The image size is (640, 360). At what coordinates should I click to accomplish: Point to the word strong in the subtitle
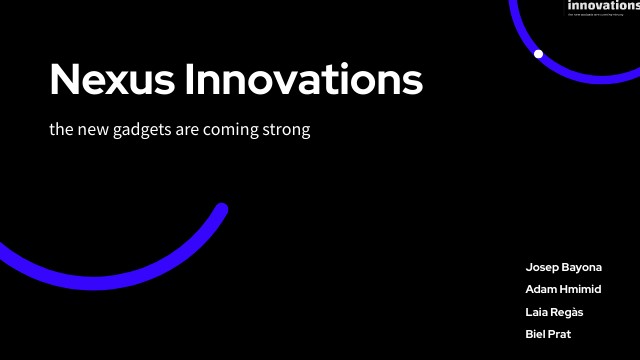[288, 131]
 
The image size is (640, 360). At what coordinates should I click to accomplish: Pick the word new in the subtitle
[92, 131]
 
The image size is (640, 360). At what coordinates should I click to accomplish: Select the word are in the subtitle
[190, 131]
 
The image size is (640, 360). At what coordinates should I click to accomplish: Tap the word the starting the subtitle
[60, 131]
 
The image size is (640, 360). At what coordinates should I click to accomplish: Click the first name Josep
[541, 268]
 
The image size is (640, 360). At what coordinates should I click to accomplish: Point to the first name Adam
[542, 290]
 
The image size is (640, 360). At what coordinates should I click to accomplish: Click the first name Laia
[539, 312]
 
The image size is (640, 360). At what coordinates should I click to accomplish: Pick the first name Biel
[538, 334]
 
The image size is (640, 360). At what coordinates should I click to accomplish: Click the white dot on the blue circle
[538, 53]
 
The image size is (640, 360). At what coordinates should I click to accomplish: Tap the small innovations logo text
[603, 6]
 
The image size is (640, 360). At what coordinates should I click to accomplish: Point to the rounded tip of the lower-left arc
[222, 210]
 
